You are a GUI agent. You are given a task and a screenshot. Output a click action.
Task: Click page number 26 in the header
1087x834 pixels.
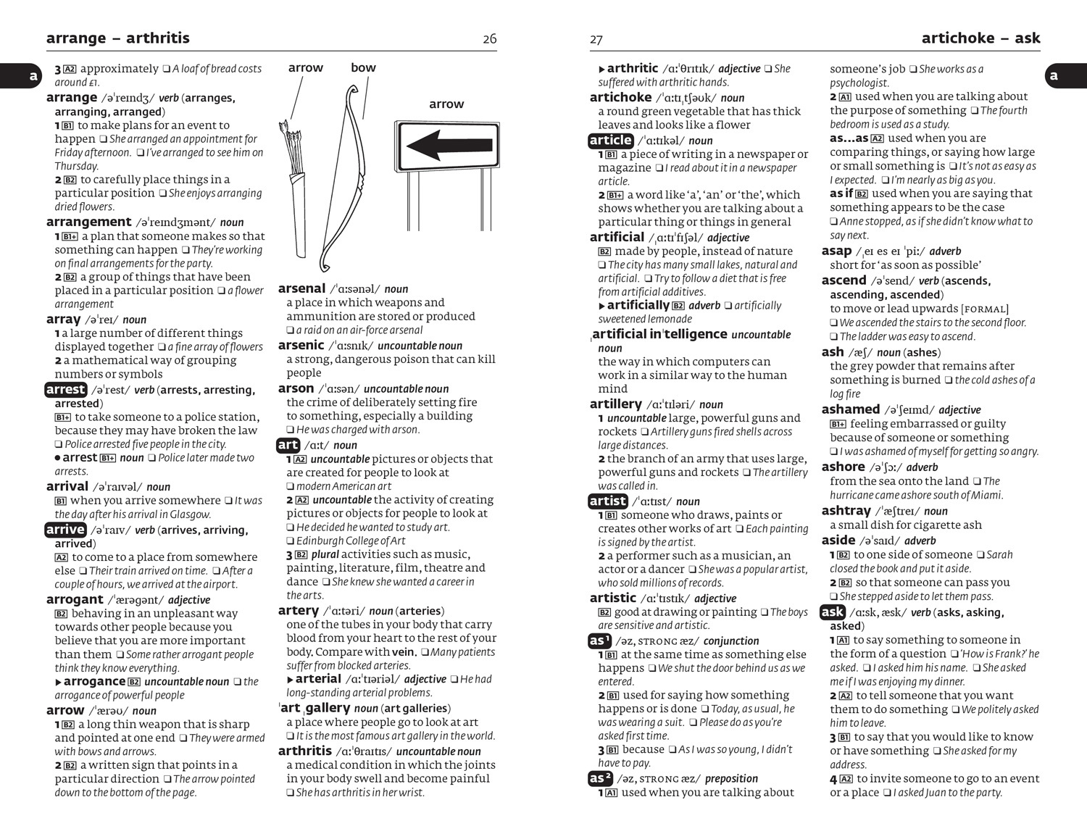coord(490,39)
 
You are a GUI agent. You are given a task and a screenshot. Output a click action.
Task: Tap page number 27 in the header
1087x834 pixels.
coord(596,40)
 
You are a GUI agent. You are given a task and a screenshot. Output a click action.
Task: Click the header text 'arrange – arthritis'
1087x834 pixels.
coord(117,38)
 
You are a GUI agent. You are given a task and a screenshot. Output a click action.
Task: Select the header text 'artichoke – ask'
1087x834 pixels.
coord(980,38)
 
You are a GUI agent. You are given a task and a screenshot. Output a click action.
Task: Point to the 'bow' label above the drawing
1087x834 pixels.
coord(363,68)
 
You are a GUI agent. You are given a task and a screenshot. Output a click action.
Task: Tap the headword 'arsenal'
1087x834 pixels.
coord(301,288)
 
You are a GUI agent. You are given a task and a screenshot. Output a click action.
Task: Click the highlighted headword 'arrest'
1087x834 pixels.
coord(65,390)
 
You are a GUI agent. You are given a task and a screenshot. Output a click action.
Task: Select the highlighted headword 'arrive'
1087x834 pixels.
coord(65,530)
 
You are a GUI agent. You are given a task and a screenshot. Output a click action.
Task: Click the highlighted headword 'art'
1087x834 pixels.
coord(288,445)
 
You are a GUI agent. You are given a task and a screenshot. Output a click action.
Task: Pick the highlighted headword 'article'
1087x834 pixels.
coord(610,141)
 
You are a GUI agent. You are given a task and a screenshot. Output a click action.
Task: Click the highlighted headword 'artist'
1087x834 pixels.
coord(607,501)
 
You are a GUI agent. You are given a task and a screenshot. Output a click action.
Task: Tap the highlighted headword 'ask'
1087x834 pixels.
coord(833,612)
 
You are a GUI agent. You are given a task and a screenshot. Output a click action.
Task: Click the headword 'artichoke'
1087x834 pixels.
coord(620,98)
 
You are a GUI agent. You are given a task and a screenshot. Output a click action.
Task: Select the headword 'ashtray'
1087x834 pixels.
coord(846,511)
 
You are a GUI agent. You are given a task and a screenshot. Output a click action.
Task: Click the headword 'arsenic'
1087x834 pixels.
coord(301,346)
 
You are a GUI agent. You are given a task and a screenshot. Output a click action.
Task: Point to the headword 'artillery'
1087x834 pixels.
coord(615,404)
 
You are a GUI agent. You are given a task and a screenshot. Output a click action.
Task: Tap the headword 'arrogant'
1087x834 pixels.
coord(75,600)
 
